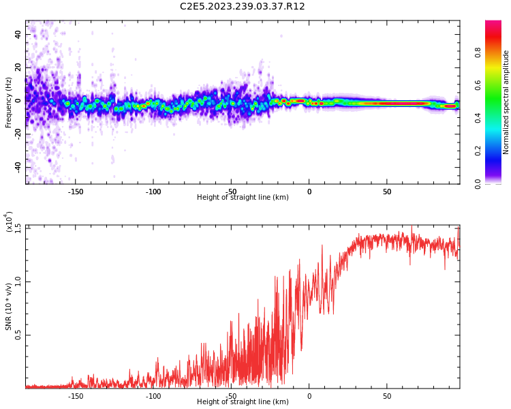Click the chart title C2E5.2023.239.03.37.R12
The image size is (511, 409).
click(242, 7)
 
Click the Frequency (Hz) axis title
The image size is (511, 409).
click(9, 102)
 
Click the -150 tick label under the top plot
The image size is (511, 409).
click(76, 192)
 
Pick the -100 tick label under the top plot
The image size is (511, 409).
click(153, 192)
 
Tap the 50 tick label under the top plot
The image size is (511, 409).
click(387, 192)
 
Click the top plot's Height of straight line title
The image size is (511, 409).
click(243, 198)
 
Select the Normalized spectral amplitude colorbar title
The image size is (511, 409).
click(506, 102)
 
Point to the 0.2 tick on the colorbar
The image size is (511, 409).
click(497, 151)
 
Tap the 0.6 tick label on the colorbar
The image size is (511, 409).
click(497, 85)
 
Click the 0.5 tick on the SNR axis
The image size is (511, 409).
click(18, 335)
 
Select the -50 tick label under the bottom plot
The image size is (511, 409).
click(231, 396)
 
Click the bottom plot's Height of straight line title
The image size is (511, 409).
click(243, 402)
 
